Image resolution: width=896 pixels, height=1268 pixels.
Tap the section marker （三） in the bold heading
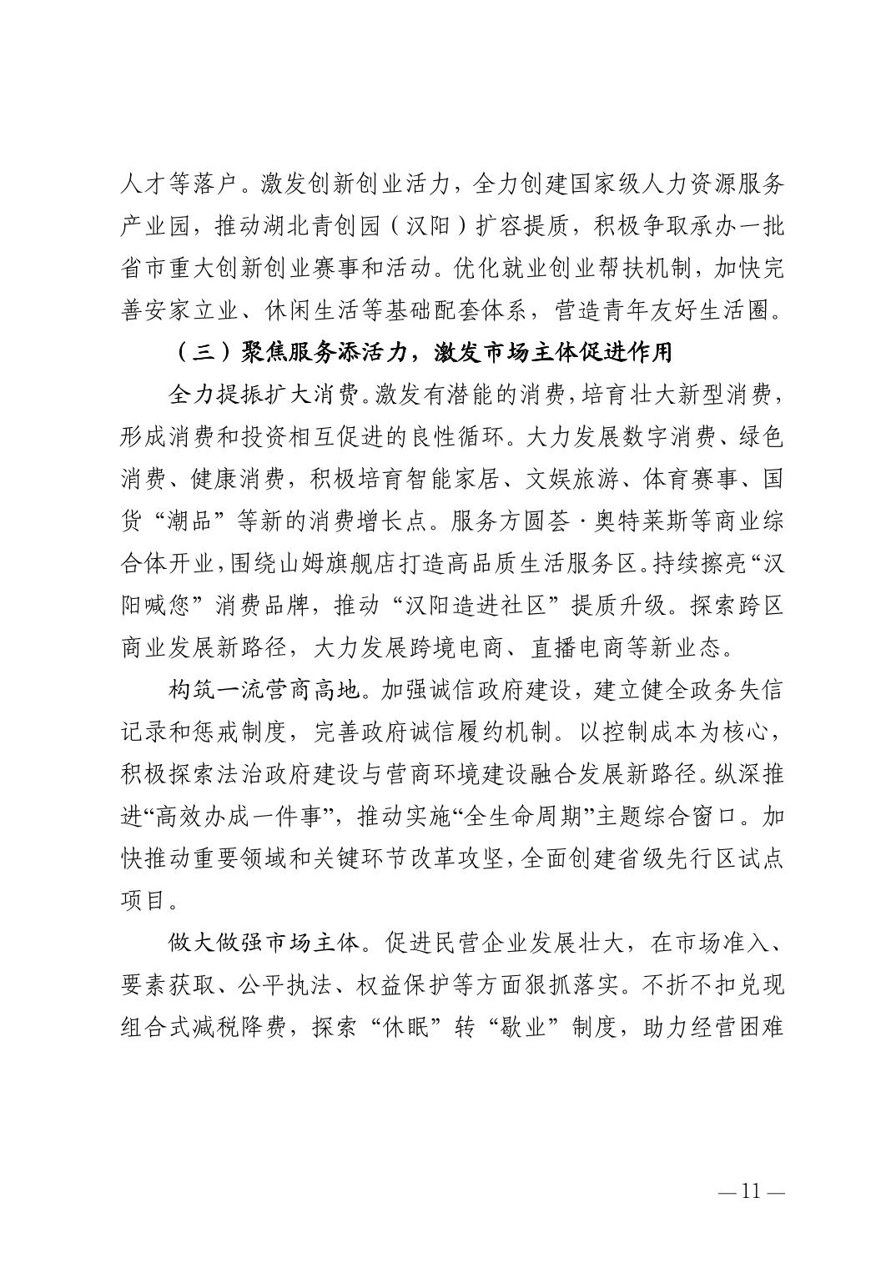[x=204, y=353]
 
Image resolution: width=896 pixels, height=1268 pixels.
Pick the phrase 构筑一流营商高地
[x=264, y=691]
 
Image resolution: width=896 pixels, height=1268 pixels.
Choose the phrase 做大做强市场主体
[x=264, y=944]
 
